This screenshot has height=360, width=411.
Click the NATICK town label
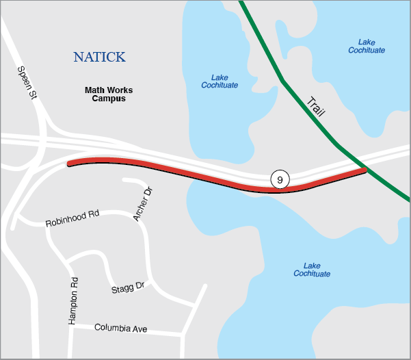99,57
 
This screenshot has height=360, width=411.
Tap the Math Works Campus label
109,94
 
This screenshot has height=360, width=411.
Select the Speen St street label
27,83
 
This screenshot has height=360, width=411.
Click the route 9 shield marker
280,179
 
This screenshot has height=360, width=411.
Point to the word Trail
316,107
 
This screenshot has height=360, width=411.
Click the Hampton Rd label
74,300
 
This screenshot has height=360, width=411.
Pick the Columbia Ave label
120,329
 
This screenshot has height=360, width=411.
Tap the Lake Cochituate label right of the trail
367,46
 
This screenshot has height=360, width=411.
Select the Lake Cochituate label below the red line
312,270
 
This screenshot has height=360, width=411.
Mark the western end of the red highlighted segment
69,164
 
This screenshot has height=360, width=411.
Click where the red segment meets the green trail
365,169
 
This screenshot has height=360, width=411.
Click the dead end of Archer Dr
124,181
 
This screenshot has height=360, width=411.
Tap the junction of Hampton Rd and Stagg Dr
69,261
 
